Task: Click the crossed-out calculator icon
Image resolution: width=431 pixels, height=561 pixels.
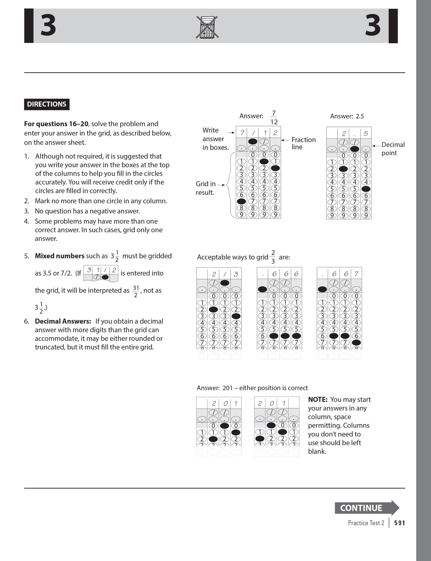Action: [207, 27]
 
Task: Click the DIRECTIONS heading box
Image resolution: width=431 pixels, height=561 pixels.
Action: [47, 104]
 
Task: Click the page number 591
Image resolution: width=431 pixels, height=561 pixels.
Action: [399, 523]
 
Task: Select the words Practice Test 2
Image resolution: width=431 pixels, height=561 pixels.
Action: [366, 523]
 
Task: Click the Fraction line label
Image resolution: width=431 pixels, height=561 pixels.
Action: [303, 143]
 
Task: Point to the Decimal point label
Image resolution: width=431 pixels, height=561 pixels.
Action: [393, 149]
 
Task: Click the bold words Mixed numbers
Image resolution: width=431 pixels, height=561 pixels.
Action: [59, 256]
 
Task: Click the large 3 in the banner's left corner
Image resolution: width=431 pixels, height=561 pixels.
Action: [48, 26]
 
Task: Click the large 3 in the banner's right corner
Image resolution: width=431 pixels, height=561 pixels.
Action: [373, 26]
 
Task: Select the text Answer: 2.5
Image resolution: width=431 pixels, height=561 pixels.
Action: [347, 116]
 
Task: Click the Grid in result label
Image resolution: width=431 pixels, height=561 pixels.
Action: [206, 188]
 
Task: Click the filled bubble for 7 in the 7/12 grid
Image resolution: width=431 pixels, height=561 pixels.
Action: [241, 201]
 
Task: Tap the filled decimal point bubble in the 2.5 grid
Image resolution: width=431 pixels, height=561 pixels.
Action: [355, 149]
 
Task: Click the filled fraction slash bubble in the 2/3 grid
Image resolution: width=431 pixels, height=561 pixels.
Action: [225, 283]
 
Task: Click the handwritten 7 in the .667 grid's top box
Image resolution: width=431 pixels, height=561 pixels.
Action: [356, 274]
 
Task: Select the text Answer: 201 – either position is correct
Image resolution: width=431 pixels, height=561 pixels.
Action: [252, 388]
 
